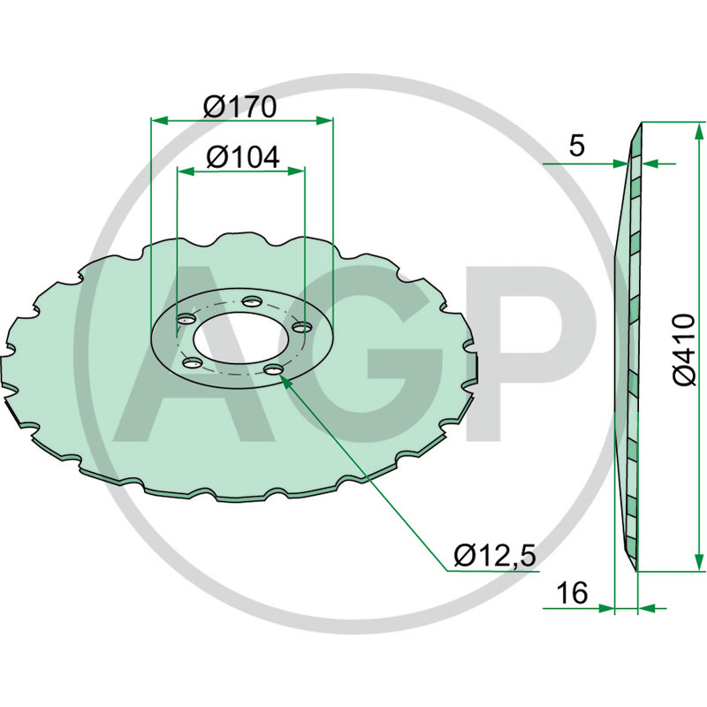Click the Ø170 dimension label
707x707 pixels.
240,107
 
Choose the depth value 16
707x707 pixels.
573,593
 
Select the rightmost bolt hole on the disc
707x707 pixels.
300,327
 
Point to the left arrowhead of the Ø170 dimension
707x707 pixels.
156,120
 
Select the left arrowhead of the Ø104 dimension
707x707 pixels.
182,171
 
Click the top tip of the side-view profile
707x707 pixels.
638,124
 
